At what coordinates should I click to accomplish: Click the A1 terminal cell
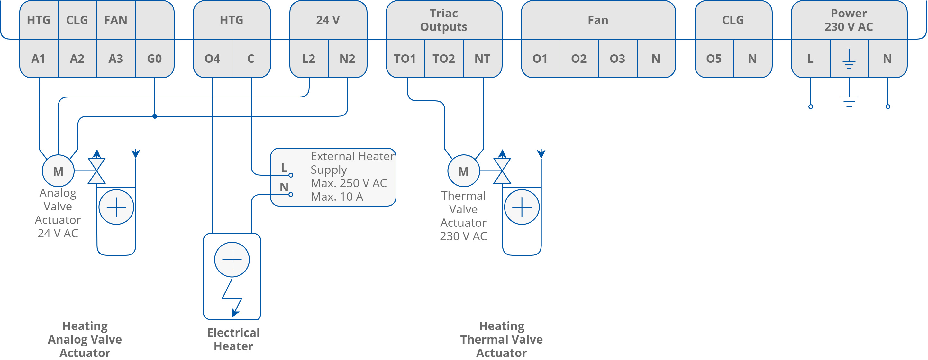(x=39, y=58)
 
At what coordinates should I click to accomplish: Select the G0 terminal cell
(x=154, y=58)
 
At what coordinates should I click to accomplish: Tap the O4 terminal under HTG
(x=212, y=58)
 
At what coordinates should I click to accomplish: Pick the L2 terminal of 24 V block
(x=309, y=58)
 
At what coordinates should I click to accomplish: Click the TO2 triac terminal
(x=443, y=58)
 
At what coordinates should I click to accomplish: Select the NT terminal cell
(x=482, y=58)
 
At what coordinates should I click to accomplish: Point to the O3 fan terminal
(x=617, y=58)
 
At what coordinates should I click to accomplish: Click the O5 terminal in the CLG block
(x=714, y=58)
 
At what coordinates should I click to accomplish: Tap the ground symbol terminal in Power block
(x=849, y=58)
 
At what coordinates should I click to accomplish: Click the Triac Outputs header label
(x=443, y=20)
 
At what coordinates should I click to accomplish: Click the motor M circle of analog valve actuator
(x=58, y=171)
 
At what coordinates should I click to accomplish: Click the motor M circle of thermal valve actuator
(x=463, y=171)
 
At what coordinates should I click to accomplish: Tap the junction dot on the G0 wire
(x=155, y=116)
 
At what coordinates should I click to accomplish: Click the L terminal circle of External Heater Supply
(x=291, y=175)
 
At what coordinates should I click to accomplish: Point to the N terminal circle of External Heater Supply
(x=291, y=195)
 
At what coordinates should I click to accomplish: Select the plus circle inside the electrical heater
(x=232, y=259)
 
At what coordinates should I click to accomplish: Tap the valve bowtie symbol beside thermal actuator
(x=502, y=171)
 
